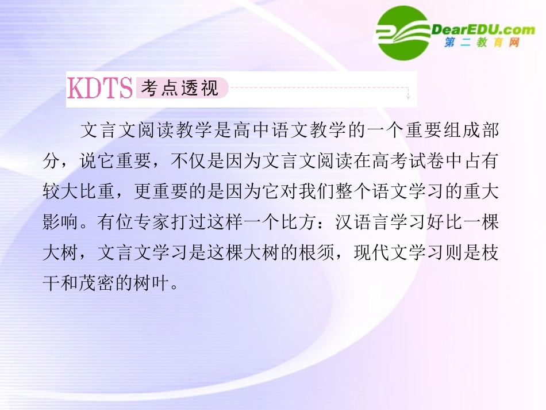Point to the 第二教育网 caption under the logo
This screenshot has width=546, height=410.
pyautogui.click(x=482, y=43)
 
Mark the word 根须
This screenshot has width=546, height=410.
pyautogui.click(x=319, y=254)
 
